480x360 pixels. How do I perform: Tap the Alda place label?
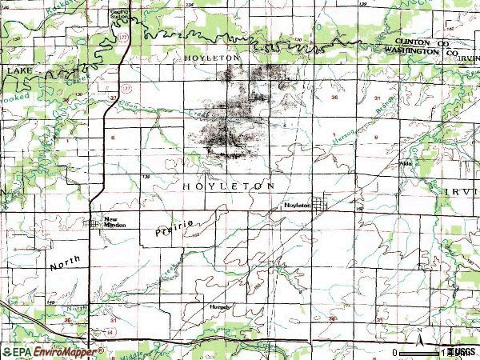coord(406,163)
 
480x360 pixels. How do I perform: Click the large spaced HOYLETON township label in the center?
coord(229,186)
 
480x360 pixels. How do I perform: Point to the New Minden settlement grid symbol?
coord(96,223)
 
